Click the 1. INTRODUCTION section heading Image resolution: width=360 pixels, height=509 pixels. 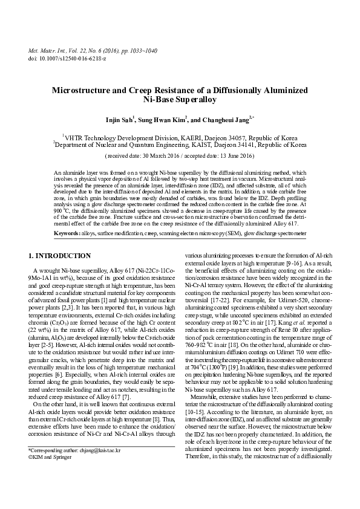tap(61, 256)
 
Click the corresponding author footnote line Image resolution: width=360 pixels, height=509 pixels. tap(75, 468)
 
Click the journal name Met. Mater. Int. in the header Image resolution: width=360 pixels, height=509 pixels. tap(48, 50)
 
